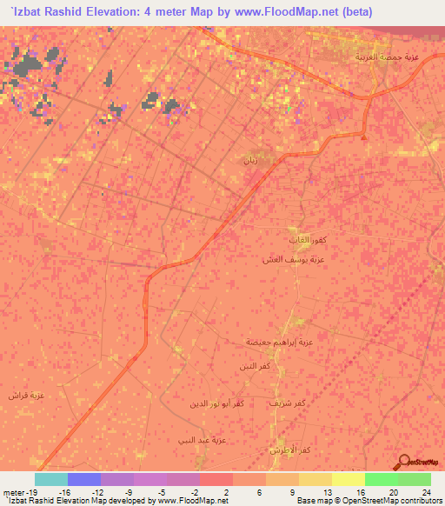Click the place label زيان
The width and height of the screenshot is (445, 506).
tap(251, 161)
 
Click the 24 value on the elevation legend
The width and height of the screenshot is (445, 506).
tap(426, 490)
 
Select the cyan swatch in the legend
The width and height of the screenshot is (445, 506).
tap(50, 479)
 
